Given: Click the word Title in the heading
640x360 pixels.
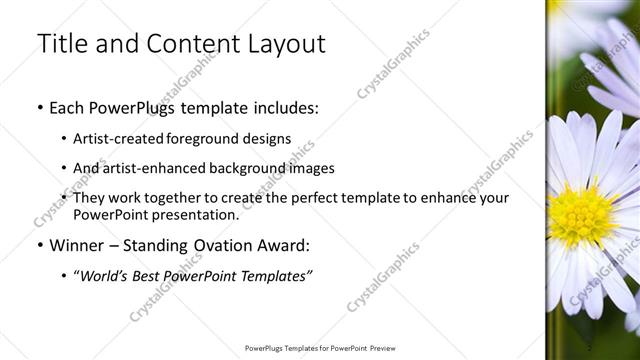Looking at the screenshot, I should pyautogui.click(x=61, y=44).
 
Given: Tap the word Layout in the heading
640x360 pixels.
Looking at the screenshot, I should pyautogui.click(x=285, y=44).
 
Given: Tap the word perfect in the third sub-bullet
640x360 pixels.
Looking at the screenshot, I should pyautogui.click(x=307, y=198).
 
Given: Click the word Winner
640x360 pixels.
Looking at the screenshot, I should pyautogui.click(x=76, y=245).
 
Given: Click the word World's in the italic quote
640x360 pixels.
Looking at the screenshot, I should pyautogui.click(x=111, y=276).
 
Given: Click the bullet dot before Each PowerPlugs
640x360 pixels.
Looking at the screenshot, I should pyautogui.click(x=39, y=107).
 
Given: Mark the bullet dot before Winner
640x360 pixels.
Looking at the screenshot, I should pyautogui.click(x=39, y=245).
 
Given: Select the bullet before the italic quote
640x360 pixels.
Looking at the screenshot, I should pyautogui.click(x=65, y=276).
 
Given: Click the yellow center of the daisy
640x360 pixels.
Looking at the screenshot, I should pyautogui.click(x=581, y=214).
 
